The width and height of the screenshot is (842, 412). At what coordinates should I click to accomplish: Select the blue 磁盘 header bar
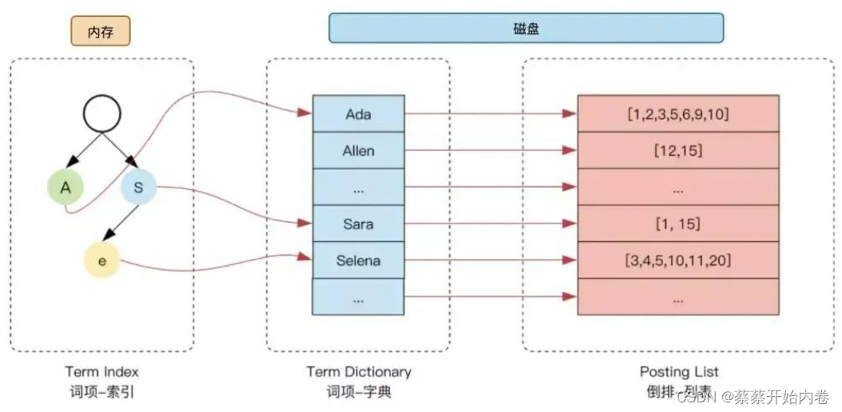(x=526, y=28)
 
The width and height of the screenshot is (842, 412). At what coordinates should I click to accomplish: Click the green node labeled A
(x=66, y=188)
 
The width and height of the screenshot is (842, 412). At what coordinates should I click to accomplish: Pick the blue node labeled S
(x=138, y=188)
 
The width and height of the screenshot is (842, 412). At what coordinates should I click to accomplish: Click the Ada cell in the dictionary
(x=359, y=114)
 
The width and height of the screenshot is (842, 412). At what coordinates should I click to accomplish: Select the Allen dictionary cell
(x=359, y=151)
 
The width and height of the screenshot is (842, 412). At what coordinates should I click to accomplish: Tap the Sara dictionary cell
(x=359, y=224)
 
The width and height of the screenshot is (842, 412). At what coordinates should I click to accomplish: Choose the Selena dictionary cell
(x=359, y=260)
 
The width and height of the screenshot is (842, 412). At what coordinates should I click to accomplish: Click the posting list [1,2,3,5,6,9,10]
(x=677, y=114)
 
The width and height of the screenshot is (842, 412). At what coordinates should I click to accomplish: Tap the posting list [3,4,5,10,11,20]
(x=677, y=260)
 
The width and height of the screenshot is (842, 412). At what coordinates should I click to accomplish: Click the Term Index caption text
(x=101, y=371)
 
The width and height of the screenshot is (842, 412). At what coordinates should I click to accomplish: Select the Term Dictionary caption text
(x=359, y=371)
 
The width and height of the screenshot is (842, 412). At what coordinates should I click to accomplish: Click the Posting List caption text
(x=679, y=371)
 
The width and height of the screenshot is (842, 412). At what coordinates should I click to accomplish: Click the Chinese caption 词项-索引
(x=101, y=392)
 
